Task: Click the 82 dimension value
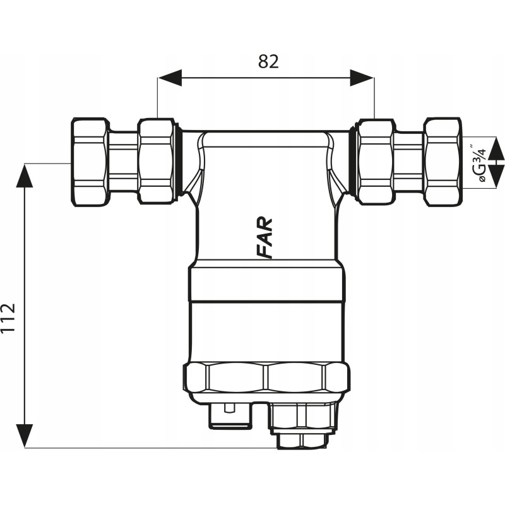(268, 61)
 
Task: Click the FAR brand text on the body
(266, 238)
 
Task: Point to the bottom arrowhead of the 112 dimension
(25, 436)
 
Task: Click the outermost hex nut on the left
(89, 162)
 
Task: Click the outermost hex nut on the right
(443, 162)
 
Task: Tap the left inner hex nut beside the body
(157, 162)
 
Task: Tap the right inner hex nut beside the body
(376, 162)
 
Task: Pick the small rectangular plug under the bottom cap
(230, 415)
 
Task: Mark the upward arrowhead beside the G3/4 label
(497, 150)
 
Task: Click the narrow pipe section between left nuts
(123, 162)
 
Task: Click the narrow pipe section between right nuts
(409, 162)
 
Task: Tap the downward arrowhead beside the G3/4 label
(497, 173)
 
